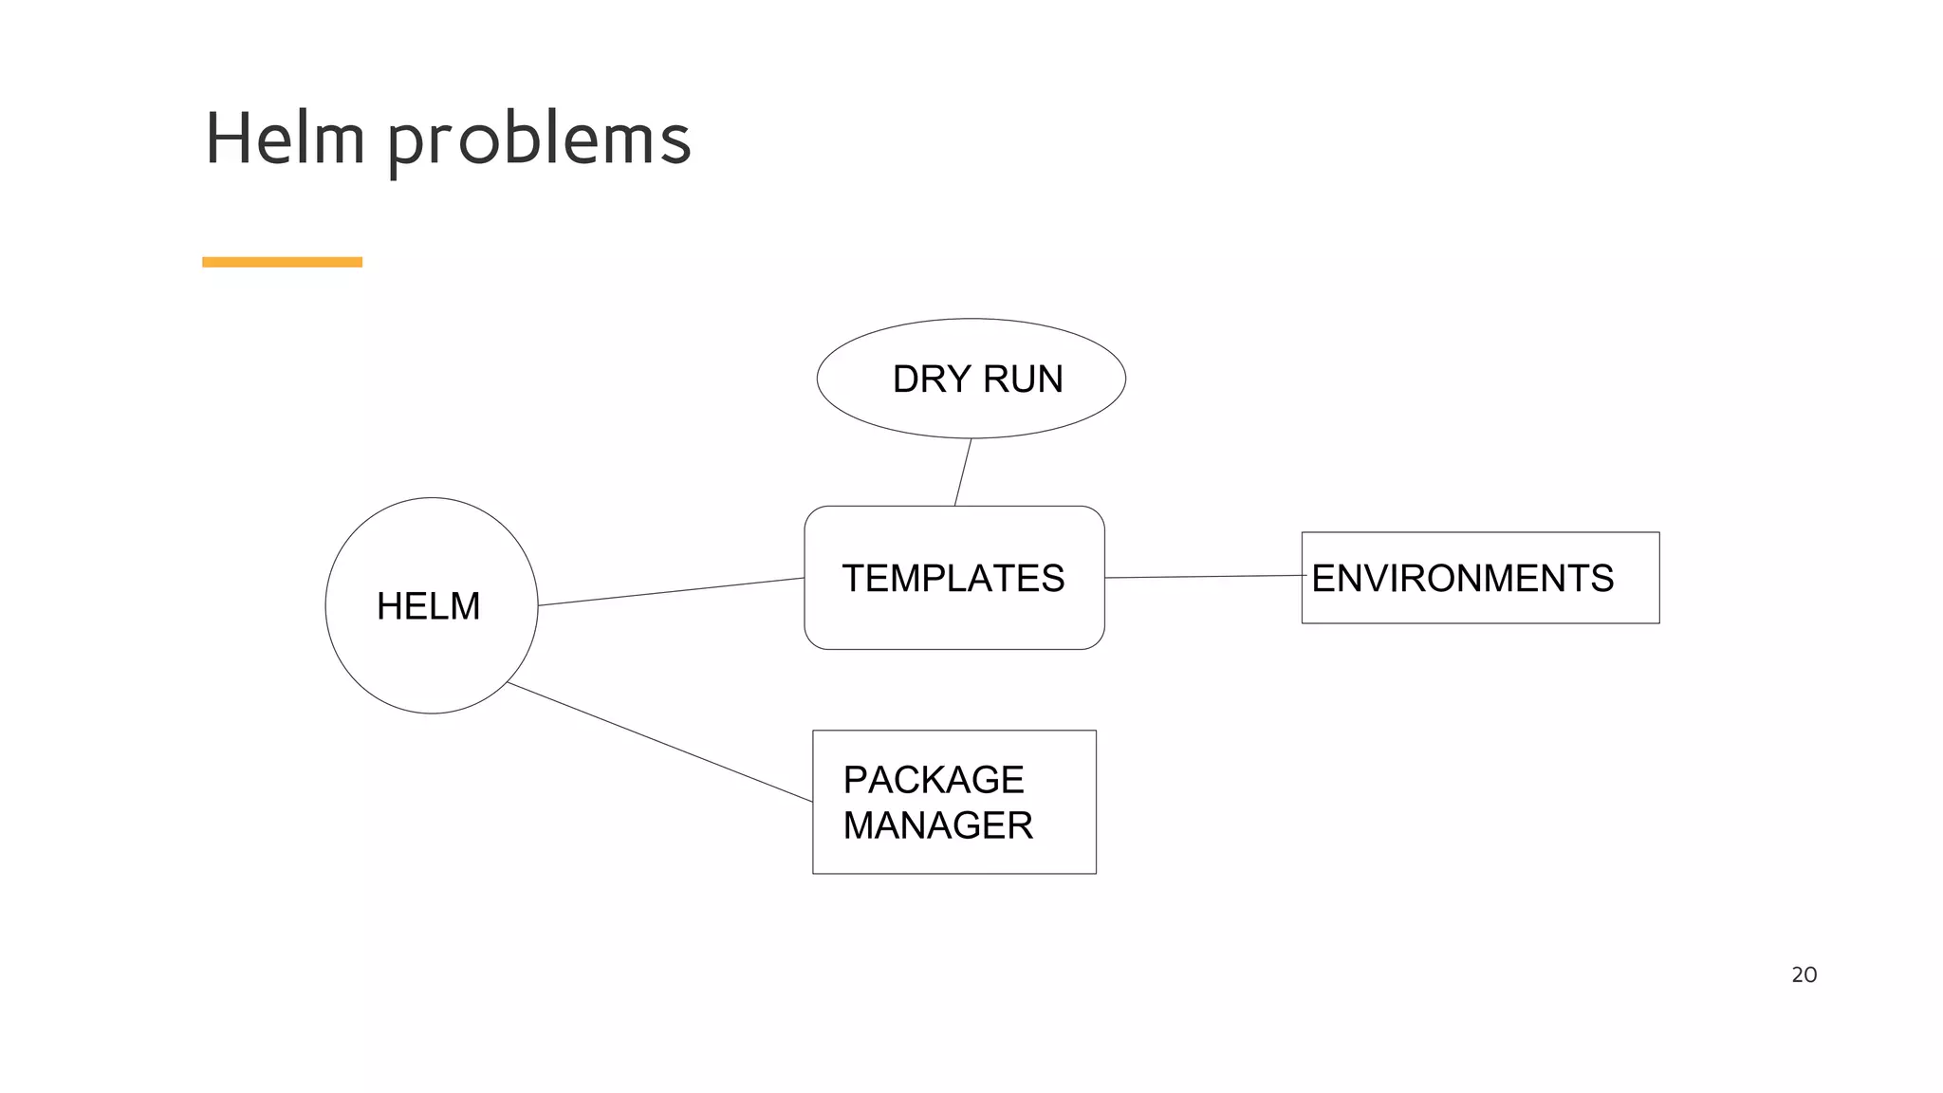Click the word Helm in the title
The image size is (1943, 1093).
285,139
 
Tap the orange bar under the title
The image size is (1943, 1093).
282,262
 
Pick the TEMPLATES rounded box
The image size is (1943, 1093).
953,621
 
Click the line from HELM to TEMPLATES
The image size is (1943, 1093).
671,592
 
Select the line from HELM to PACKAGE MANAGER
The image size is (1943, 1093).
659,742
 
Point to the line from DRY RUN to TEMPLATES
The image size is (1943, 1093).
963,472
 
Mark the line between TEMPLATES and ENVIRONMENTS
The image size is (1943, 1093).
1203,576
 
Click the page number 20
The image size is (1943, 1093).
1804,974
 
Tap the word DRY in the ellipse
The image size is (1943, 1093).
931,380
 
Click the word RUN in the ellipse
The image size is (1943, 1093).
1023,380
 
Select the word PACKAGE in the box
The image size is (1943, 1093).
933,780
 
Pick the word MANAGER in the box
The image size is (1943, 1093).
937,825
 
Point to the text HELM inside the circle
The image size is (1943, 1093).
428,606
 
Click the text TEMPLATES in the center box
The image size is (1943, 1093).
953,579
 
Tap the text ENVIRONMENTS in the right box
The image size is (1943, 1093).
1462,579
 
